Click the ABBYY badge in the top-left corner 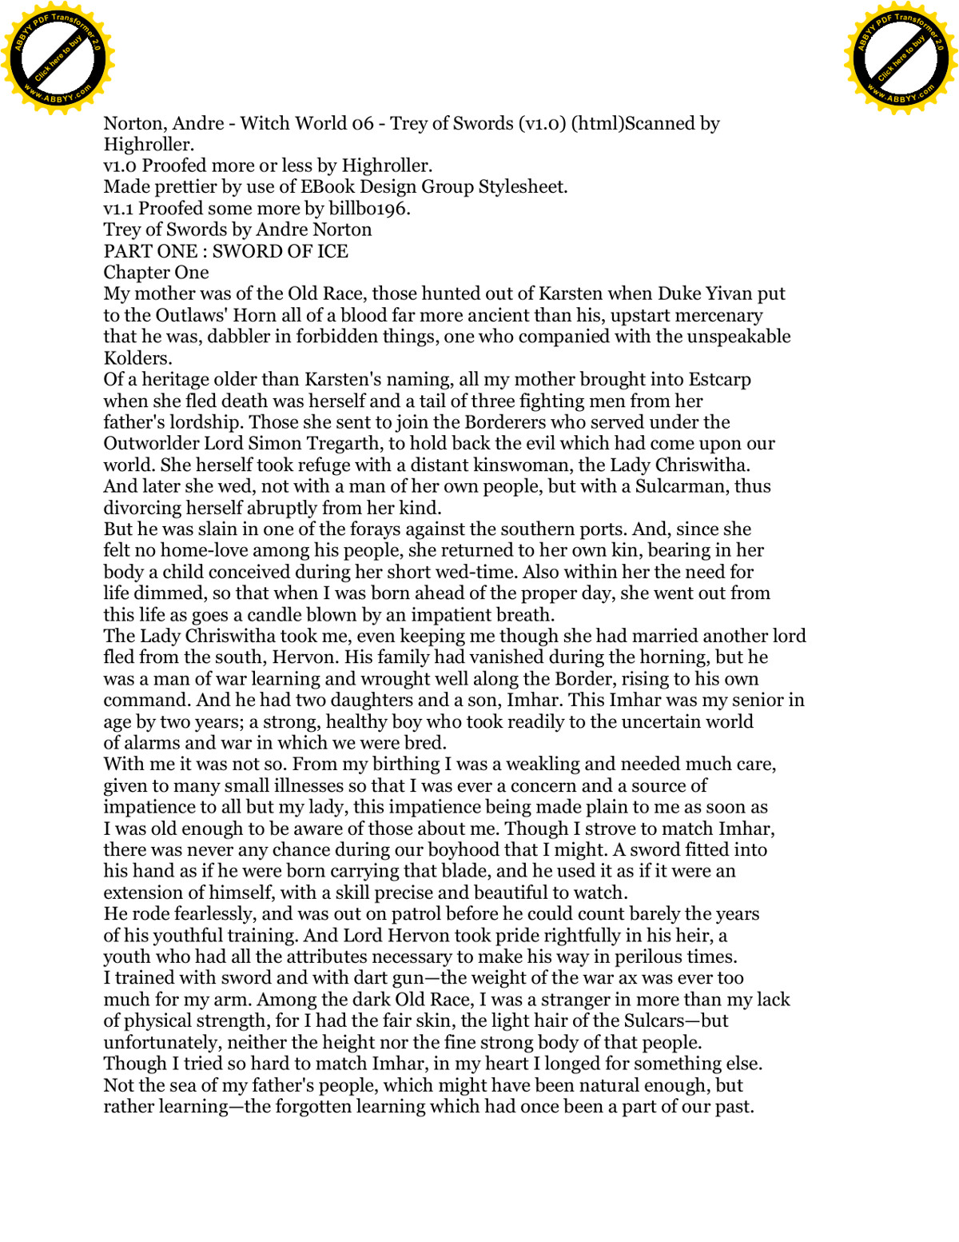click(58, 58)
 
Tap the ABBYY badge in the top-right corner click(901, 58)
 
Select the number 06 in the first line click(363, 123)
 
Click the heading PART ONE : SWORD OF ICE click(225, 251)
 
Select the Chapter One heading click(156, 273)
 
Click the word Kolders click(137, 358)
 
